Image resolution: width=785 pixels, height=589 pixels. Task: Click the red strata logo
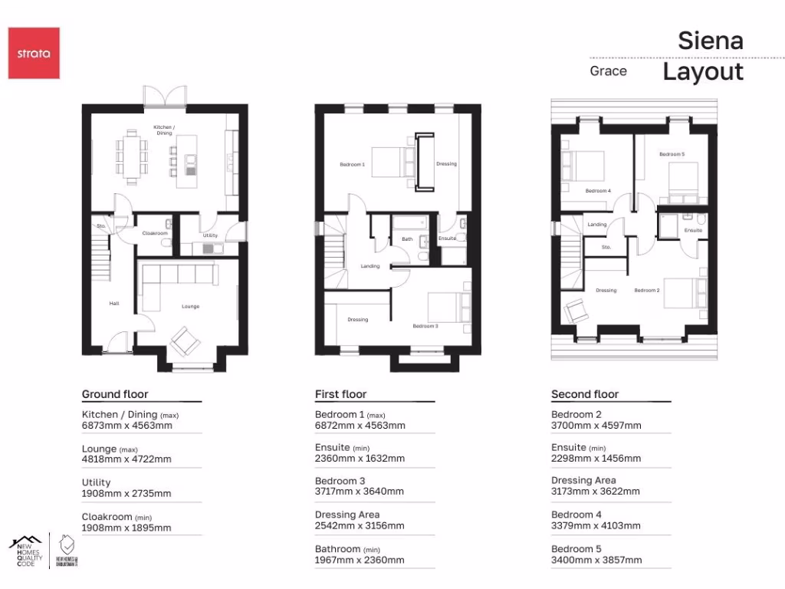click(x=34, y=53)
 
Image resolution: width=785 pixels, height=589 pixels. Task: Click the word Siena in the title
click(x=710, y=41)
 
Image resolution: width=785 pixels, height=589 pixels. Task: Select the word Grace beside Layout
click(x=608, y=71)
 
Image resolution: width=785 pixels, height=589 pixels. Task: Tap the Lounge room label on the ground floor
click(x=190, y=307)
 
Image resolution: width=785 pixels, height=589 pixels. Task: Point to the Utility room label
click(x=210, y=235)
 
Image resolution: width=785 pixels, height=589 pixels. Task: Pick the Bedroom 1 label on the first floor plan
click(x=353, y=164)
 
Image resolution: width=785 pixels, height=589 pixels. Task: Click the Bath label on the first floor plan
click(x=407, y=239)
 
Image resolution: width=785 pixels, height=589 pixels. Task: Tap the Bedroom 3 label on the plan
click(x=425, y=326)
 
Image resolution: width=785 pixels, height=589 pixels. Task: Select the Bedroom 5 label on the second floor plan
click(x=672, y=154)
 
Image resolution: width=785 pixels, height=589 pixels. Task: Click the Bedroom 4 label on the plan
click(x=598, y=190)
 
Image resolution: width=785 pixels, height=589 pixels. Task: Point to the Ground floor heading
click(x=115, y=394)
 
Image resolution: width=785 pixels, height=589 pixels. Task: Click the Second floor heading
click(x=585, y=394)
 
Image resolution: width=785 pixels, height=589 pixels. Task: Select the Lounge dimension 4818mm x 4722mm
click(x=126, y=459)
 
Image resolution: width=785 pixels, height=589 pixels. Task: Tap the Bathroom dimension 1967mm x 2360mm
click(x=360, y=560)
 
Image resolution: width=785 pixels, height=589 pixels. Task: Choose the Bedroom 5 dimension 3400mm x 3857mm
click(x=596, y=560)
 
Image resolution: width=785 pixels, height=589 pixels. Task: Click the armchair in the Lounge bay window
click(x=185, y=338)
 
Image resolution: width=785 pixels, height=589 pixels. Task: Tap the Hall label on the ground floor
click(x=114, y=304)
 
